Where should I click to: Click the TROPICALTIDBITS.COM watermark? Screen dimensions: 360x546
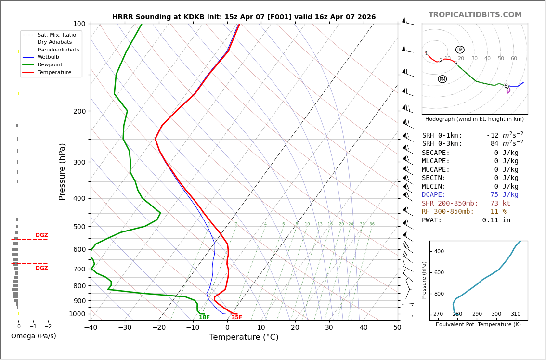(475, 15)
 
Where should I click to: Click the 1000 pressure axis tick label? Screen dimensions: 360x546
(78, 314)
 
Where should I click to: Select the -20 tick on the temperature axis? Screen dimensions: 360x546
(159, 328)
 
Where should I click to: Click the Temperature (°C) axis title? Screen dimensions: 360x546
(244, 337)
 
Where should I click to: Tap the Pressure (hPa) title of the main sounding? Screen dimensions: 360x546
(62, 171)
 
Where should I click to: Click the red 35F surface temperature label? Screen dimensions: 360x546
(236, 318)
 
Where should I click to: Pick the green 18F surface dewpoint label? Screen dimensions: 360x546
(204, 318)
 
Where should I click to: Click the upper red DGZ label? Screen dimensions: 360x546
(41, 235)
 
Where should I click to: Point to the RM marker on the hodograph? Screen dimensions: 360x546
(442, 79)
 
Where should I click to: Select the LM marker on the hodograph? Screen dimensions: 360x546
(460, 50)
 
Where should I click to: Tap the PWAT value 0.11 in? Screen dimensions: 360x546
(496, 220)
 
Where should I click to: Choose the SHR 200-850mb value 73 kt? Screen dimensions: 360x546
(500, 204)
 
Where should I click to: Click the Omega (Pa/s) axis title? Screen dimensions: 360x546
(33, 336)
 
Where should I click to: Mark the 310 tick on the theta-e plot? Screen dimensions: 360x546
(515, 314)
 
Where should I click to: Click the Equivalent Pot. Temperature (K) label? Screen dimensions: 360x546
(478, 325)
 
